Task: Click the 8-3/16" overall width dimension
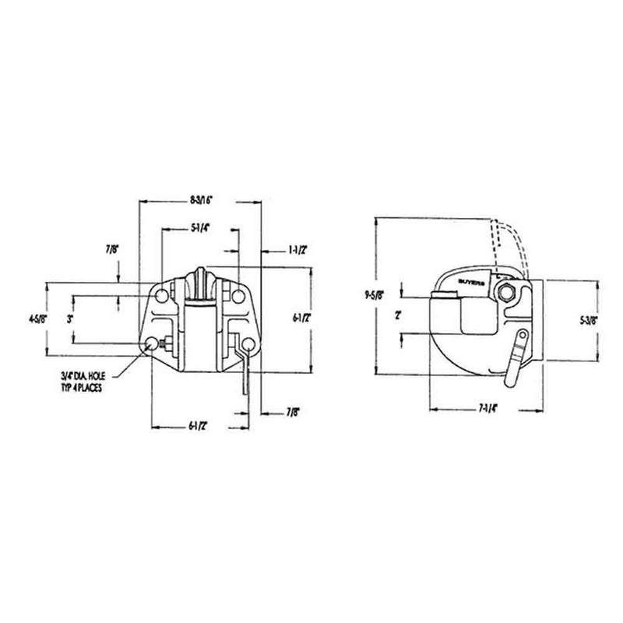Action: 200,200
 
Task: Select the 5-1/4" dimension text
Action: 200,229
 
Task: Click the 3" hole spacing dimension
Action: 69,319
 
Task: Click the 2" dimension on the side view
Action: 397,315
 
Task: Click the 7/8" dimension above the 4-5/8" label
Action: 114,250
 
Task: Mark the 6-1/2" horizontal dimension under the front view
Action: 200,425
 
